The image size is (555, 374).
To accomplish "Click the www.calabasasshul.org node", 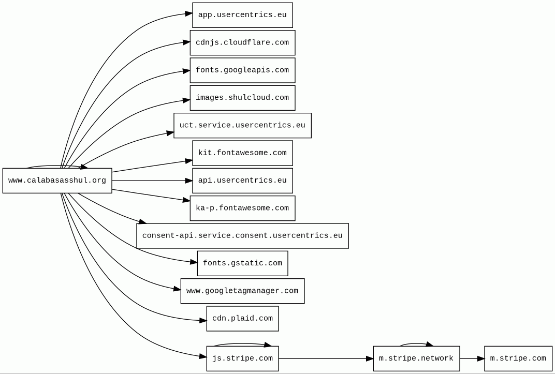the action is coord(57,181).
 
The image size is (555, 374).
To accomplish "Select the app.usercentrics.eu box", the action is coord(242,15).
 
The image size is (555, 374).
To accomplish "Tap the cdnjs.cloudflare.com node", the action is coord(242,43).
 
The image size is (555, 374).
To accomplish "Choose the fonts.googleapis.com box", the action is coord(242,70).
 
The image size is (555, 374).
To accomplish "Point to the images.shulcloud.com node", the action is coord(242,98).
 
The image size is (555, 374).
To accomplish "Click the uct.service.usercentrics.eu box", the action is coord(242,126).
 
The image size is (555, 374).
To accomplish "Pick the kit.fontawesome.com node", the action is coord(242,153).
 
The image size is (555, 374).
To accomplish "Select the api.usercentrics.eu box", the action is coord(242,181).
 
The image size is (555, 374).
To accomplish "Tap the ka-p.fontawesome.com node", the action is coord(242,208).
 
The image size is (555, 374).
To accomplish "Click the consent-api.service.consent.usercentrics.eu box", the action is coord(242,236).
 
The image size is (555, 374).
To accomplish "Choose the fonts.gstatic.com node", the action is coord(242,263).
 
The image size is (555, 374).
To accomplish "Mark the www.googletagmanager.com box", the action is coord(242,291).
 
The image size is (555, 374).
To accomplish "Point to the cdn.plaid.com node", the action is coord(242,319).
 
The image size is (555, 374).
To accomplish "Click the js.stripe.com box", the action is coord(242,358).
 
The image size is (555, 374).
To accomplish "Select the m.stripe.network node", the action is coord(417,358).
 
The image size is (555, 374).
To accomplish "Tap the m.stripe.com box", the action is coord(518,358).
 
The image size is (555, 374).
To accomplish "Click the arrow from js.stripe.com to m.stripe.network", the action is coord(326,359).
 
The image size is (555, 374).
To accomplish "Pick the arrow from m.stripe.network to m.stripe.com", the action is coord(472,359).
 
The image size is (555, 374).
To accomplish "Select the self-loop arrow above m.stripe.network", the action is coord(417,343).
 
